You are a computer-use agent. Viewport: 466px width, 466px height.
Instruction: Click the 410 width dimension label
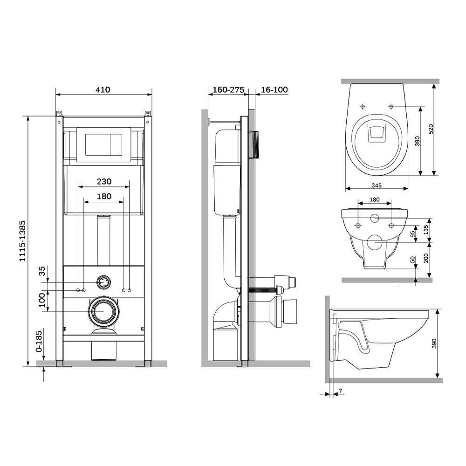click(x=103, y=89)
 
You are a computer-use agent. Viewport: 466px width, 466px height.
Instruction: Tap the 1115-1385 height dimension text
click(x=22, y=241)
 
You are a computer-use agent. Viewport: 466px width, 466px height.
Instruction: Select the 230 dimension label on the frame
click(x=104, y=181)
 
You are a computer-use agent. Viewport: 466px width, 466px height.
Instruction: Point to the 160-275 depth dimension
click(x=228, y=89)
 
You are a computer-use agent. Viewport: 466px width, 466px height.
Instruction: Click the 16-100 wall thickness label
click(x=274, y=89)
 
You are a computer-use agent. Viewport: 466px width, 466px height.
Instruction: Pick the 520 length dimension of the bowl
click(x=431, y=129)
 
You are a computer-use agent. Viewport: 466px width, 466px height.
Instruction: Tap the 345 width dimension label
click(x=376, y=185)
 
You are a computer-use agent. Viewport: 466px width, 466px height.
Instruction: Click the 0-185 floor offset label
click(x=39, y=342)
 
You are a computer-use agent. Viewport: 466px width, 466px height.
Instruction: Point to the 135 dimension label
click(x=426, y=230)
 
